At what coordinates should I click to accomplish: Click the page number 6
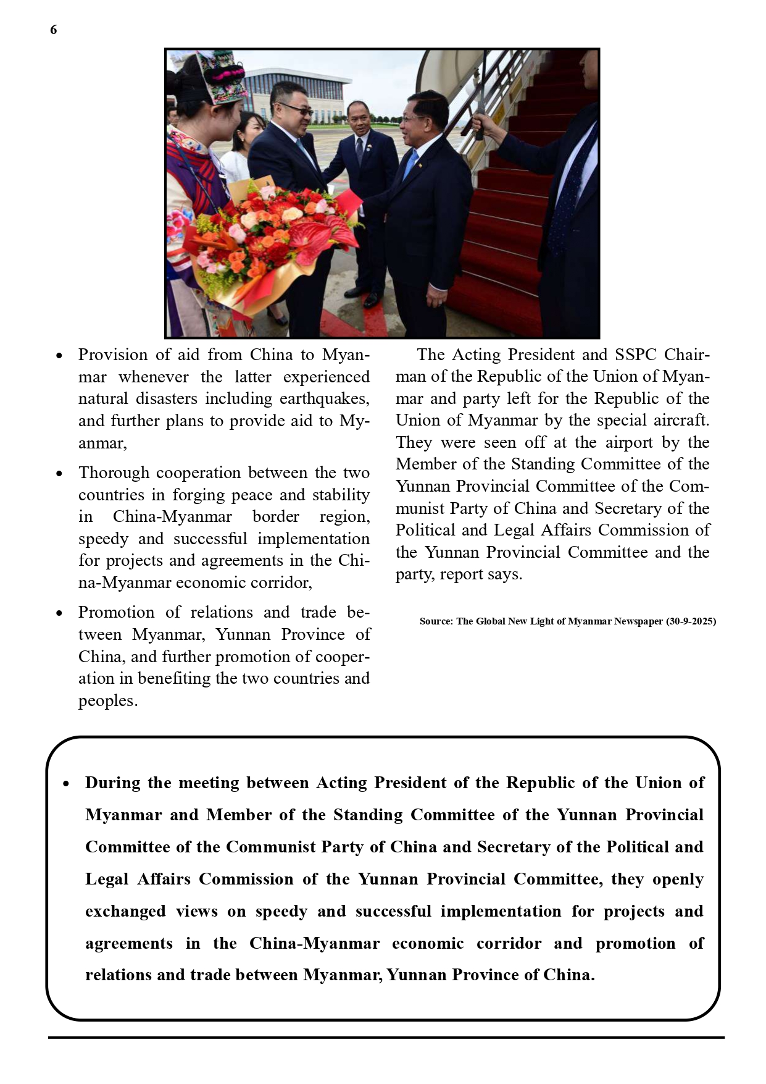54,30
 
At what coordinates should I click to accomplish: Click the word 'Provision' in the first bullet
113,355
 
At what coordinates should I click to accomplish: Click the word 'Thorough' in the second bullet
113,473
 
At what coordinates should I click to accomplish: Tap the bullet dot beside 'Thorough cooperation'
59,474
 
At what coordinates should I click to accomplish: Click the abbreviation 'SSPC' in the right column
636,355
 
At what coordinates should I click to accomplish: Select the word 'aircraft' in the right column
680,421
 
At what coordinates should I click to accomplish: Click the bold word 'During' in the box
112,783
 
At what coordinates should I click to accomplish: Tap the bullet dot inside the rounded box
67,784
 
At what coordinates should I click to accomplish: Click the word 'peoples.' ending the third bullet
107,701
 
